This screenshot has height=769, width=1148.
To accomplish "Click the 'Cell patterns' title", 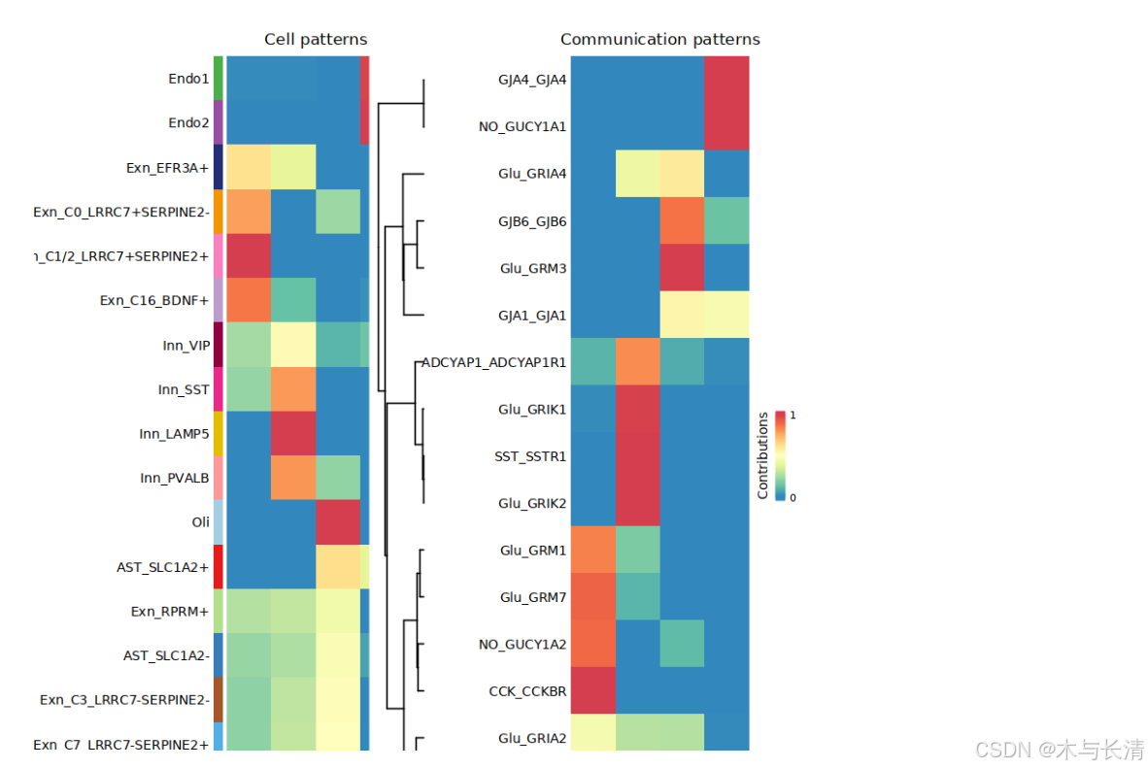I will point(316,40).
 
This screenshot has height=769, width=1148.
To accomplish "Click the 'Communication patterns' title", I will point(659,40).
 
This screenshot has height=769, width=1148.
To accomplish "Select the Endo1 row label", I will point(188,79).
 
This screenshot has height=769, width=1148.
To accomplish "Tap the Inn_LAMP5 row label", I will point(174,434).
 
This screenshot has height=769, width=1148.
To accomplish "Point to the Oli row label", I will point(200,522).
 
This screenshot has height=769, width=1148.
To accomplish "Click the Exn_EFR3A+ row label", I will point(167,168).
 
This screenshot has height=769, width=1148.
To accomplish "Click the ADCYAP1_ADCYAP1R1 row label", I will point(494,362).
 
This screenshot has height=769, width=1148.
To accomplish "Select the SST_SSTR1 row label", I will point(531,456).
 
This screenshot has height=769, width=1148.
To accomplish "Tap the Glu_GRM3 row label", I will point(533,268).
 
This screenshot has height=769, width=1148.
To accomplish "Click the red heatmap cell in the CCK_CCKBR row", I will point(592,692).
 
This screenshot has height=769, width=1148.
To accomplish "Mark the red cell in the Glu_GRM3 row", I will point(683,268).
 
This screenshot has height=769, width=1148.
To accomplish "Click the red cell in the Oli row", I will point(337,522).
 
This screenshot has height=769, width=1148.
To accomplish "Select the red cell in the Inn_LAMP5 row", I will point(293,434).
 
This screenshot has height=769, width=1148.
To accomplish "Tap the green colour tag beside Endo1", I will point(219,79).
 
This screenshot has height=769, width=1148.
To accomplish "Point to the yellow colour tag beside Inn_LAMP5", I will point(219,434).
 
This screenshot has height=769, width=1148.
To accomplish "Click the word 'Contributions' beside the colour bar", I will point(763,454).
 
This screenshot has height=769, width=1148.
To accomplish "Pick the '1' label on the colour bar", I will point(793,415).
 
